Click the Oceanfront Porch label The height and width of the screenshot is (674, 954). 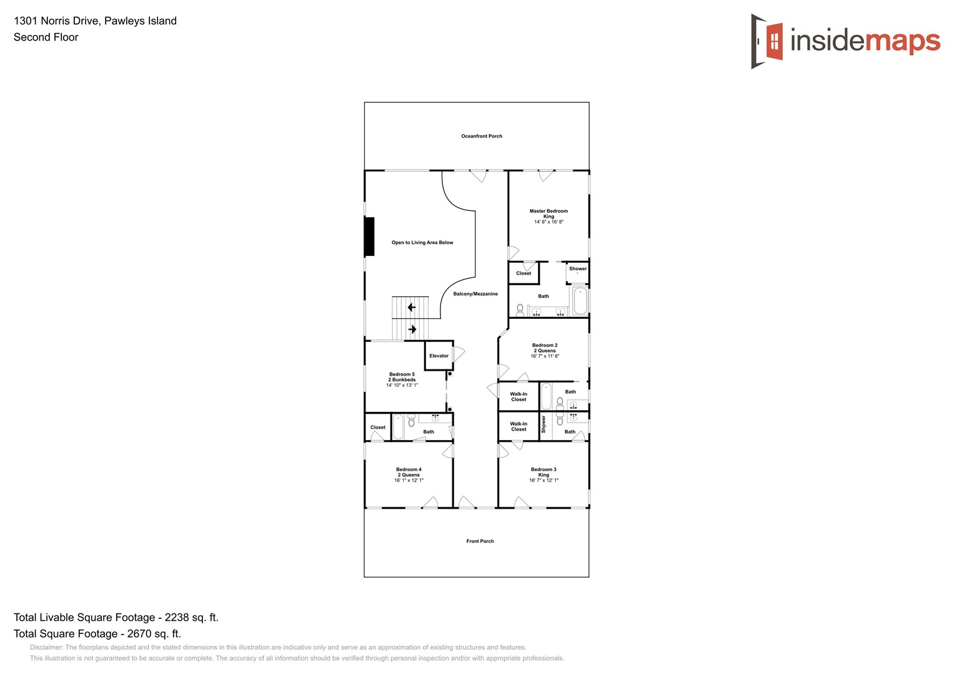[481, 136]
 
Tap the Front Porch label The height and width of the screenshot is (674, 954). [480, 541]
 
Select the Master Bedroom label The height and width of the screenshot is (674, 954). [549, 212]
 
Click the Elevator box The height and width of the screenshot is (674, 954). [439, 356]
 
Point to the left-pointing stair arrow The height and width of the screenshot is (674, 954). [411, 307]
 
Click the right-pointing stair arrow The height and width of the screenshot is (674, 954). [412, 329]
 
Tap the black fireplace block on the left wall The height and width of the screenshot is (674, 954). [369, 237]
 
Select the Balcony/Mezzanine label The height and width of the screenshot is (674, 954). [475, 294]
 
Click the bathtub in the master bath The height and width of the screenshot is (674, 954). [580, 301]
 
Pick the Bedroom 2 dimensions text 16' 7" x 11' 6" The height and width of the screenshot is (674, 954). [545, 356]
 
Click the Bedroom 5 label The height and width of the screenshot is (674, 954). [402, 374]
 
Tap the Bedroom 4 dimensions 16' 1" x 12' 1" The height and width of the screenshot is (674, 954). [409, 481]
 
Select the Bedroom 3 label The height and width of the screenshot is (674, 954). [544, 469]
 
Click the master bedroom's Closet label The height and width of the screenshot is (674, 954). [524, 273]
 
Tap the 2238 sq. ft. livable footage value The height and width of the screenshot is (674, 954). [191, 617]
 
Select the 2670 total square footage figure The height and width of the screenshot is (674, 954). [154, 633]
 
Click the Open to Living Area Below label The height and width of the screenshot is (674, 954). [422, 243]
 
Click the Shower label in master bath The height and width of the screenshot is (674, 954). [578, 269]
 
